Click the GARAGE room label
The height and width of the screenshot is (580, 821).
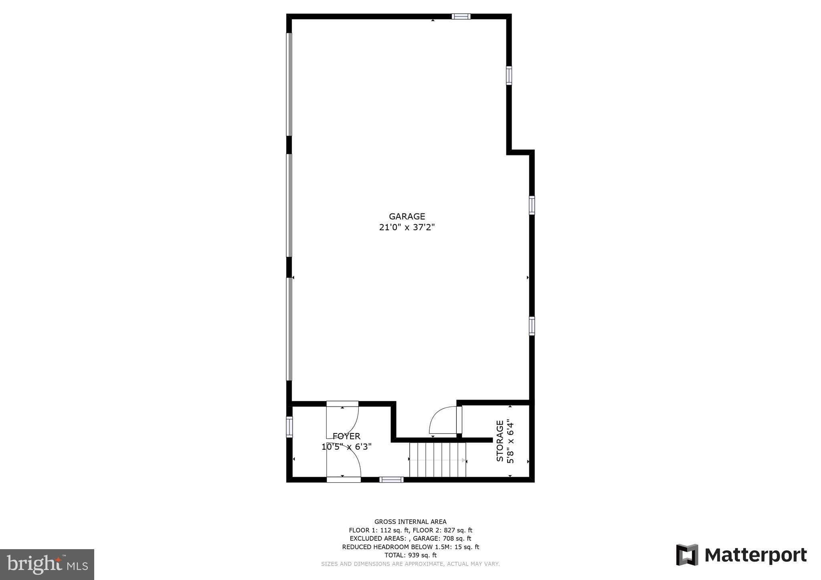coord(406,217)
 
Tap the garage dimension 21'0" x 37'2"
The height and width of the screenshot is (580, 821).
coord(406,228)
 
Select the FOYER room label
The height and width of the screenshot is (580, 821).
coord(346,436)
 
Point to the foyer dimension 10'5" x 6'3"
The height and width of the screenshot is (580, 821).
coord(346,447)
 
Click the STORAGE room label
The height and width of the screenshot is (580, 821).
coord(500,441)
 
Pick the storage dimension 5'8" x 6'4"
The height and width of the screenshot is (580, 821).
coord(510,441)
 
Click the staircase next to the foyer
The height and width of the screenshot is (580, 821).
coord(437,460)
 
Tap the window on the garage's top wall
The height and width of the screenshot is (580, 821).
coord(461,16)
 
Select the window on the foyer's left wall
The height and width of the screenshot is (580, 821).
coord(289,427)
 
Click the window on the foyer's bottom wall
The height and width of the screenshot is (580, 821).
coord(391,479)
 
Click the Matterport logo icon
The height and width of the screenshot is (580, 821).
coord(687,555)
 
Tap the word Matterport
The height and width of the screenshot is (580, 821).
coord(756,555)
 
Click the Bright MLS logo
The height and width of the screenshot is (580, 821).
coord(47,564)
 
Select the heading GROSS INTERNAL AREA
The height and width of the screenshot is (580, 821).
coord(410,522)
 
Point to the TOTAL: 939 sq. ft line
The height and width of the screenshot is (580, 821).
coord(410,555)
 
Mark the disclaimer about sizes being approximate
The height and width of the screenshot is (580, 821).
coord(410,564)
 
